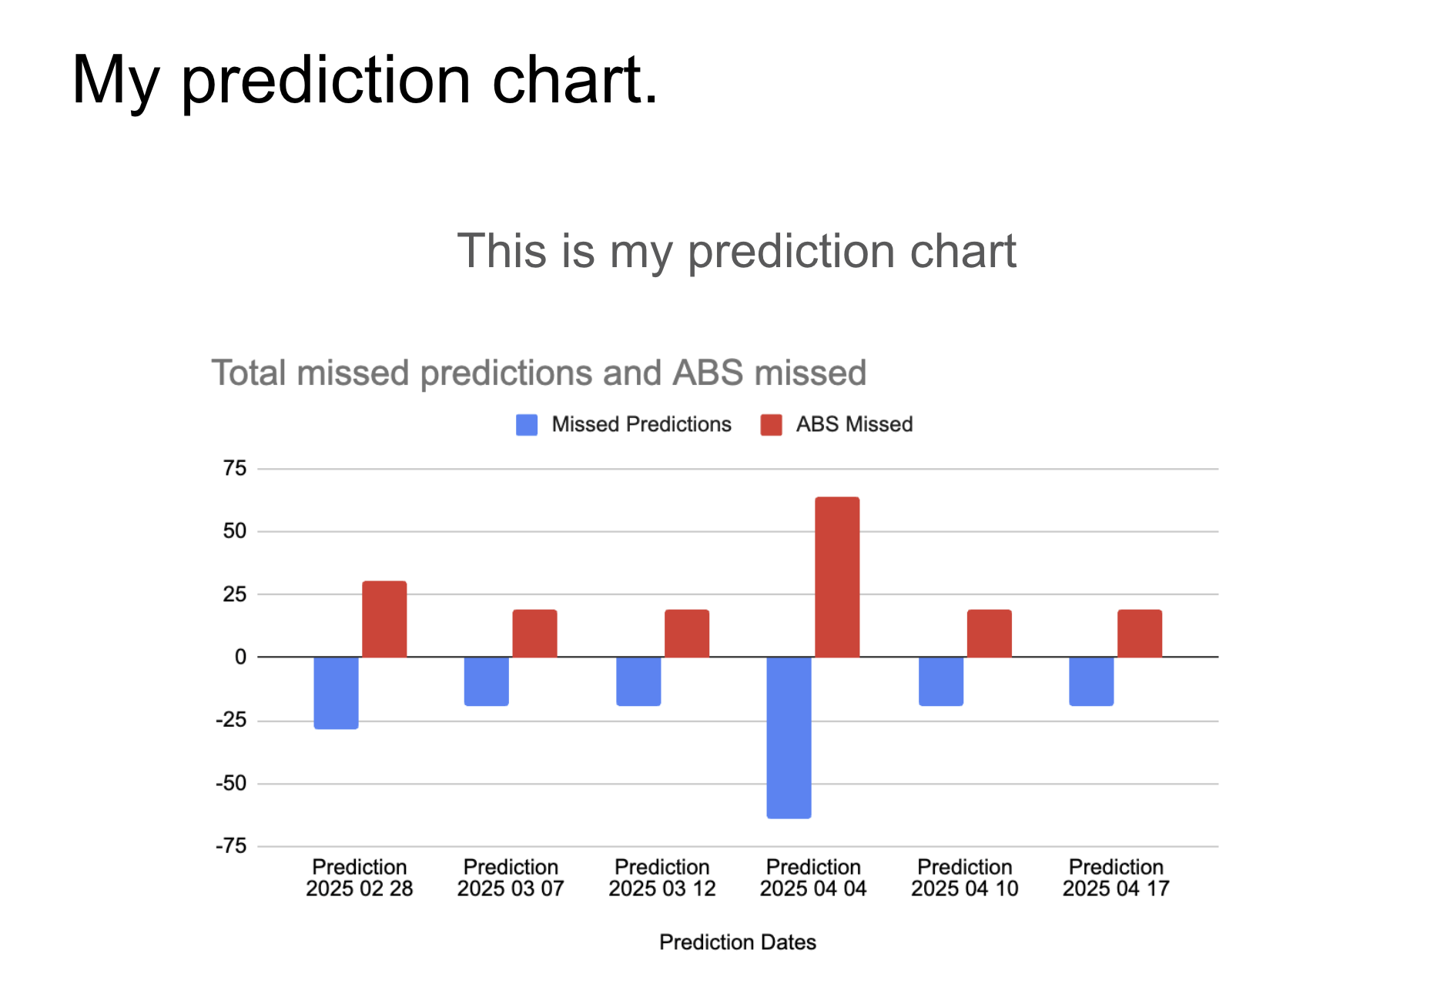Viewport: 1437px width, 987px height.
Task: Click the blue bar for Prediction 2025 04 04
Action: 789,738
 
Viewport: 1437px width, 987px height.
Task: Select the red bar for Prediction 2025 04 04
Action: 837,577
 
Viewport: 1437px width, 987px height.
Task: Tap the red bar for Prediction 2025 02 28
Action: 384,619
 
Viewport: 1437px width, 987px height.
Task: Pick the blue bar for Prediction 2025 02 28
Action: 337,693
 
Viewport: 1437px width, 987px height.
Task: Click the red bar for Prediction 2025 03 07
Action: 535,634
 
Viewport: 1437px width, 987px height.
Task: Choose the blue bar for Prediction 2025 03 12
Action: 638,681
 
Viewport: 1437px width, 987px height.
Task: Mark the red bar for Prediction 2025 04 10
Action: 990,634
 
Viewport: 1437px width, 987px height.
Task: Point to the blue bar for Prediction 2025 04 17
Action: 1091,681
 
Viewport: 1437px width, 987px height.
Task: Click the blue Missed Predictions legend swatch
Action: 527,425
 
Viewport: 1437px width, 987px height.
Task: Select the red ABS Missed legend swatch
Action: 771,425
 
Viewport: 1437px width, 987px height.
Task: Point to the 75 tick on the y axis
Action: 235,468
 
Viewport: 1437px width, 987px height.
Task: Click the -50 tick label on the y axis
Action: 231,784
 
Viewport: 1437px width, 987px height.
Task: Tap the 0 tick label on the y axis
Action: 241,657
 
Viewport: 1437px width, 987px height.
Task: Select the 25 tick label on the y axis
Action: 235,594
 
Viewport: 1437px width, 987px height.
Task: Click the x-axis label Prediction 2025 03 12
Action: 662,878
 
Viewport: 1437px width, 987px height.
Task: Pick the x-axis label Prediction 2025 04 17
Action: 1116,878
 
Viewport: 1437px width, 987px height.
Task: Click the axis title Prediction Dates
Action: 738,942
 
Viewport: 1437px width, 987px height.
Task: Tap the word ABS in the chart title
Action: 708,373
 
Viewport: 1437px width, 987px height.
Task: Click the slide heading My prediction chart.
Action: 365,80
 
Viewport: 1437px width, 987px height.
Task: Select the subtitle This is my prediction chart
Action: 737,252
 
